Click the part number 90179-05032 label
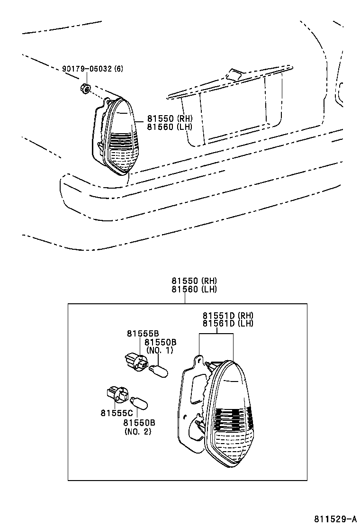click(x=88, y=69)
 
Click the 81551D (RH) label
click(x=228, y=316)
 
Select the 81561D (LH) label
click(x=228, y=323)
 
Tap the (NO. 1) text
click(x=160, y=350)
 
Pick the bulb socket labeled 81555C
click(x=117, y=394)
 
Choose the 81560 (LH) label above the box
click(x=194, y=289)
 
